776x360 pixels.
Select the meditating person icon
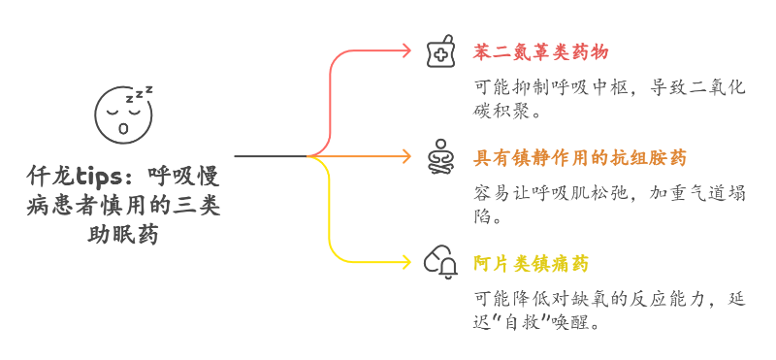point(440,157)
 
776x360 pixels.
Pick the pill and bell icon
point(440,263)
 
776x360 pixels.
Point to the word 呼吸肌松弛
point(566,192)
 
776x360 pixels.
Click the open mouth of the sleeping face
point(122,127)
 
